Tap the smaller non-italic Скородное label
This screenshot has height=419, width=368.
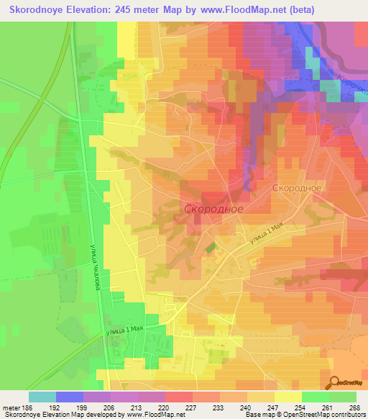(296, 186)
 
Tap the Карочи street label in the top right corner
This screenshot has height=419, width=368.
(351, 84)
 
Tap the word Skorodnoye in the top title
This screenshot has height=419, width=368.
(36, 9)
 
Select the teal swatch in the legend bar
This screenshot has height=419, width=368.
(42, 397)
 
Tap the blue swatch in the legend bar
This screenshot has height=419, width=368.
(70, 397)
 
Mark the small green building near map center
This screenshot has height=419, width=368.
(209, 248)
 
